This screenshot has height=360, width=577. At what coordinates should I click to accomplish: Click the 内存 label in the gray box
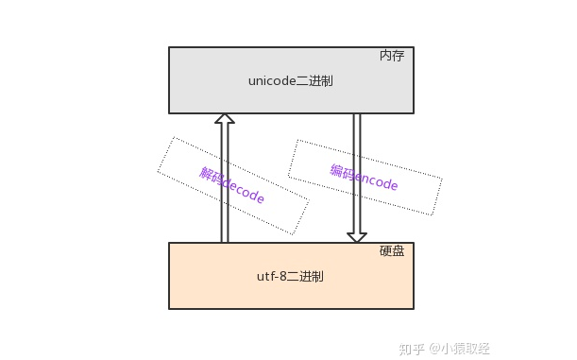(392, 56)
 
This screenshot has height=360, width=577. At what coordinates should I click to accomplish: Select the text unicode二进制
(290, 81)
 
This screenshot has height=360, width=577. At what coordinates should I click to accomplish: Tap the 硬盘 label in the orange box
(392, 251)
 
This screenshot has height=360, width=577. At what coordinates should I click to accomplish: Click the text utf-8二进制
(290, 277)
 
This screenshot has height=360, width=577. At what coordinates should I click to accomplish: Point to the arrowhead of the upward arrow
(224, 119)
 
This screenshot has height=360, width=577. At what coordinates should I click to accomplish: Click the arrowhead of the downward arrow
(356, 235)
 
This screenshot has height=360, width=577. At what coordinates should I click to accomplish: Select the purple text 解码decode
(232, 186)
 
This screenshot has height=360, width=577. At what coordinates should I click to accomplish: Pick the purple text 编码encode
(364, 178)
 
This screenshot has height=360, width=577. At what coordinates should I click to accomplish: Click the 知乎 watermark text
(412, 348)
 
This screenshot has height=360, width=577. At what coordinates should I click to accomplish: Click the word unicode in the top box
(272, 81)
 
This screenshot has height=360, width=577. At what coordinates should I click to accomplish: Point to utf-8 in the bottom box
(273, 277)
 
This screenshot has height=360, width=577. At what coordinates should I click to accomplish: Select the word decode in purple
(244, 192)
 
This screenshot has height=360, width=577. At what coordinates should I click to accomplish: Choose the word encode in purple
(375, 180)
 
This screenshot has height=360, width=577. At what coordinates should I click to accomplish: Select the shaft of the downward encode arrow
(356, 170)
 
